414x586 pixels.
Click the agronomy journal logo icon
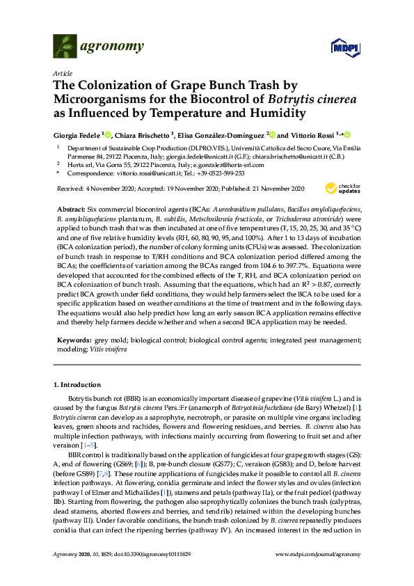click(x=64, y=47)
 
